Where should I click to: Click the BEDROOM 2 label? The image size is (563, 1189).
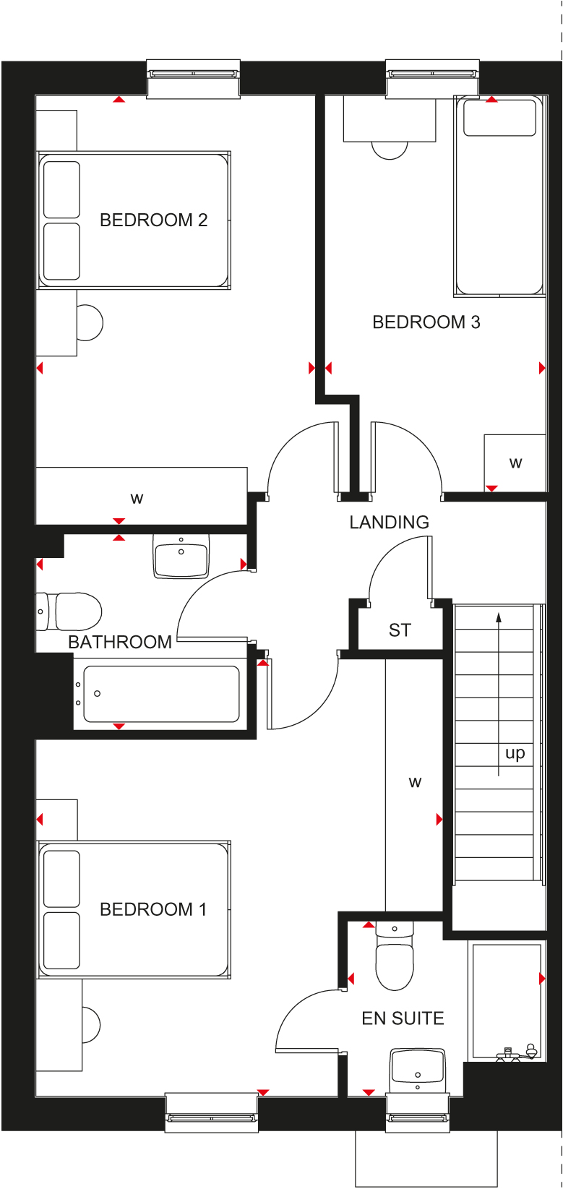pyautogui.click(x=153, y=220)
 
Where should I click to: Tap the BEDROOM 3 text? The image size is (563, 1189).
pyautogui.click(x=426, y=322)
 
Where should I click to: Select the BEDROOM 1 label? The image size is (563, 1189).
pyautogui.click(x=152, y=909)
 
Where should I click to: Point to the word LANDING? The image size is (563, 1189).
pyautogui.click(x=389, y=523)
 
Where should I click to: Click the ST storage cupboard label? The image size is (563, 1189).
pyautogui.click(x=400, y=630)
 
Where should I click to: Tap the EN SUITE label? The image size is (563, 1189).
pyautogui.click(x=403, y=1018)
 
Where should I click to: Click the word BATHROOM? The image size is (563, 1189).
pyautogui.click(x=120, y=643)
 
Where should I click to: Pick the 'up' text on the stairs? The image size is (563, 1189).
pyautogui.click(x=515, y=753)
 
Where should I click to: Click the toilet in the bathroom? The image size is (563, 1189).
pyautogui.click(x=69, y=611)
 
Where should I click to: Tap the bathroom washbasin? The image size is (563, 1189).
pyautogui.click(x=181, y=556)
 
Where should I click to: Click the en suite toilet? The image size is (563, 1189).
pyautogui.click(x=395, y=956)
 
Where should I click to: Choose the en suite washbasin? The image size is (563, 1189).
pyautogui.click(x=418, y=1070)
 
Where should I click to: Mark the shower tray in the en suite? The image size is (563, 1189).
pyautogui.click(x=507, y=1002)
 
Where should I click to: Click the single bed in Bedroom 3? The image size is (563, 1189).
pyautogui.click(x=499, y=196)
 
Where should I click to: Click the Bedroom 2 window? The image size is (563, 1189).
pyautogui.click(x=194, y=80)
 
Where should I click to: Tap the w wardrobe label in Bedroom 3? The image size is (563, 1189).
pyautogui.click(x=515, y=463)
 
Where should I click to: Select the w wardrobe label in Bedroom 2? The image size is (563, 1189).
pyautogui.click(x=137, y=499)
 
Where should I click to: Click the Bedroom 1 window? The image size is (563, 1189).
pyautogui.click(x=212, y=1112)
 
